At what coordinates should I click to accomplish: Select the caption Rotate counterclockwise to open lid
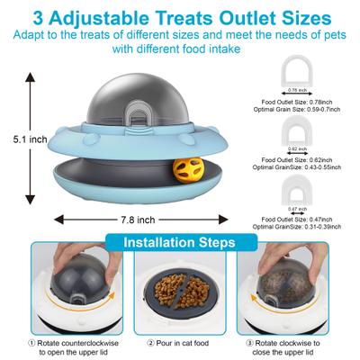coord(67,346)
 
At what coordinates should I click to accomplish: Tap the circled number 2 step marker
coord(150,343)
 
